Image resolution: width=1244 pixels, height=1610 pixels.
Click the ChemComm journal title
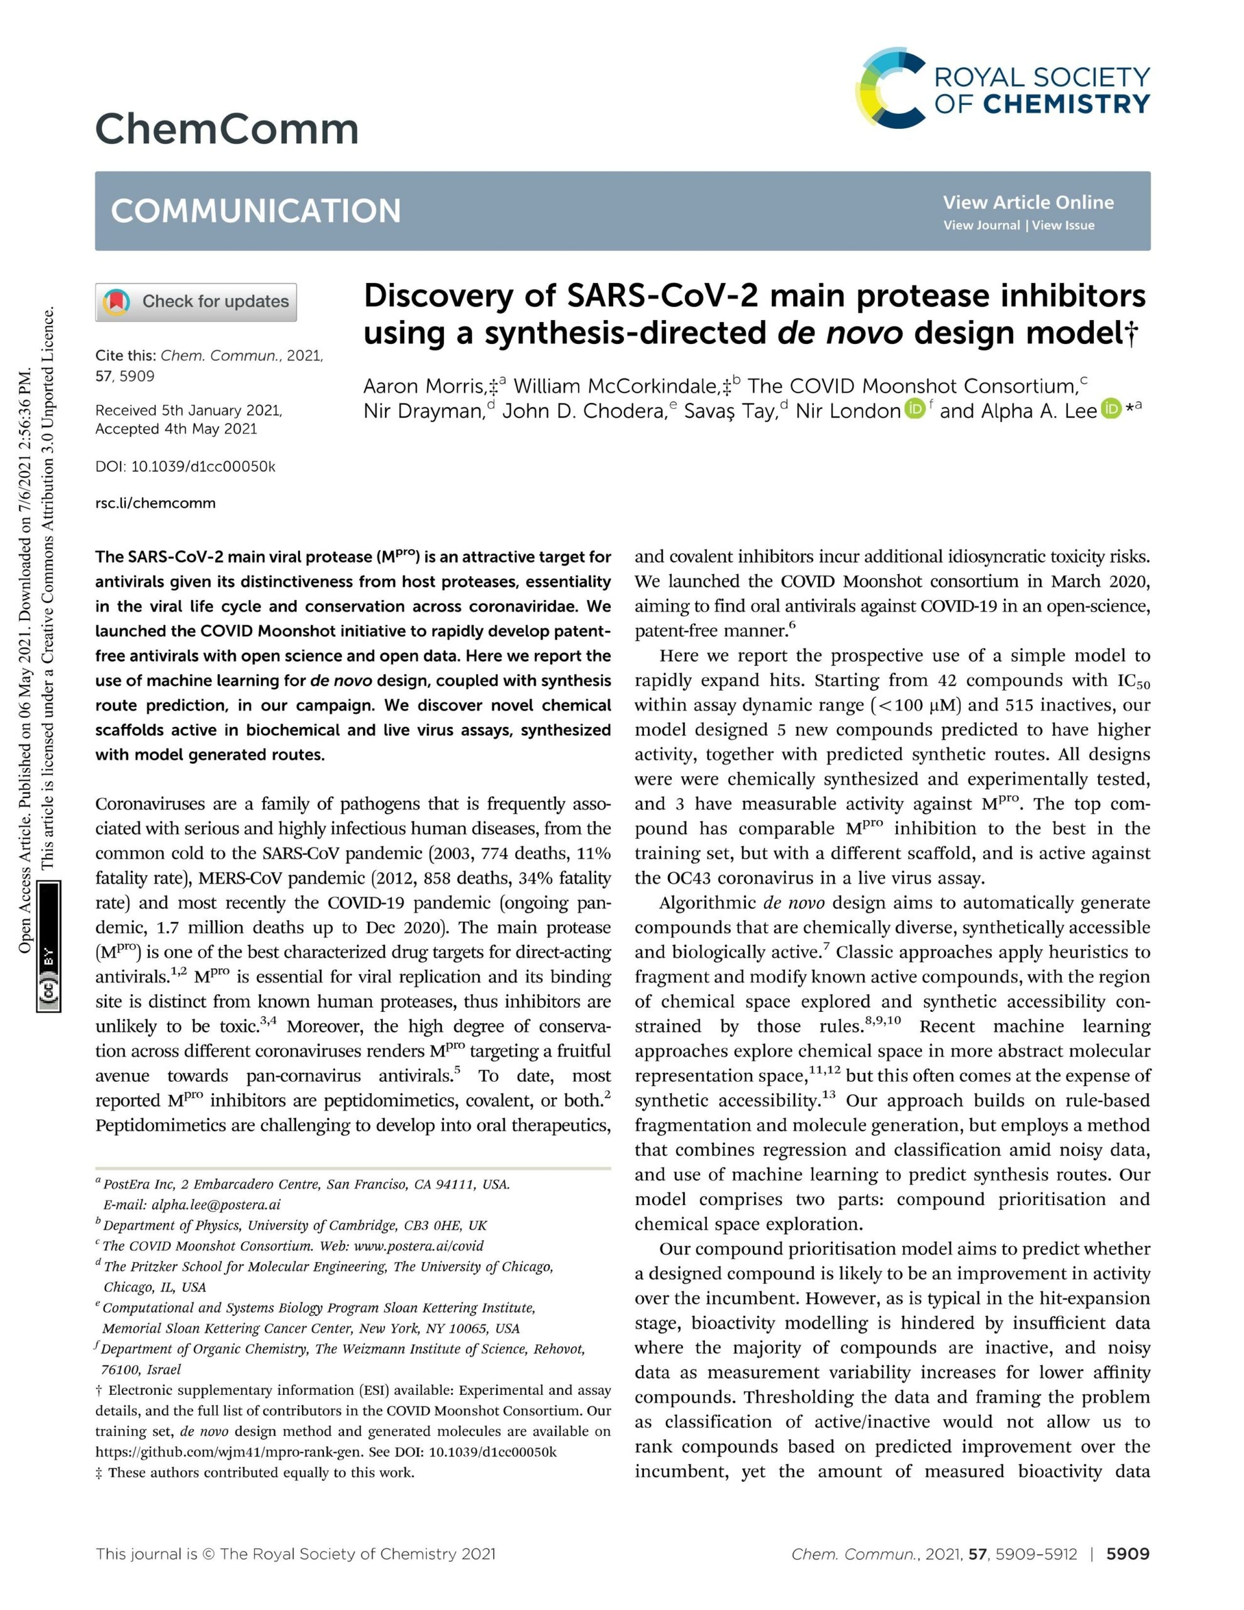pos(226,129)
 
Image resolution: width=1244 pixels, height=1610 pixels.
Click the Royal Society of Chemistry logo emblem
pos(891,87)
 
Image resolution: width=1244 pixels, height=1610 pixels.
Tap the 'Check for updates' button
pos(196,301)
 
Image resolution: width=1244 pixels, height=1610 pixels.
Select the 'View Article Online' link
pos(1028,202)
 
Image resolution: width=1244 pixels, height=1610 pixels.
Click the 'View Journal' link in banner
pos(982,225)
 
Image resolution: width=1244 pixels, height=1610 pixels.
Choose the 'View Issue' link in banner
pos(1063,225)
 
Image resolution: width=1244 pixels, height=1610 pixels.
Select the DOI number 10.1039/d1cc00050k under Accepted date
pos(203,466)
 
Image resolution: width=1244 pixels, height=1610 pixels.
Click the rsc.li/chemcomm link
pos(155,503)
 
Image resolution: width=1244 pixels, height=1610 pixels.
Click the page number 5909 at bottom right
pos(1127,1554)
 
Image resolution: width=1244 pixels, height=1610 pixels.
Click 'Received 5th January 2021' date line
pos(189,411)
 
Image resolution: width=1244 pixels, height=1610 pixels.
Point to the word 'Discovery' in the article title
pos(438,296)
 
